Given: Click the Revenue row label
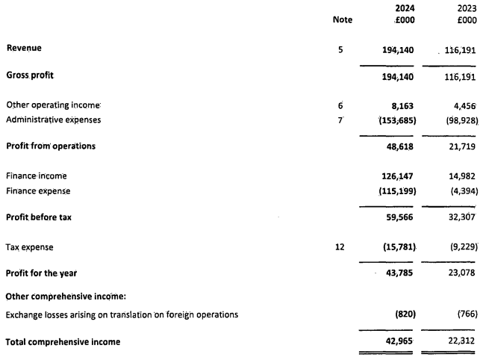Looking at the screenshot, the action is coord(25,48).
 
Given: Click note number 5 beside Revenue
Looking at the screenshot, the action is coord(340,49).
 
